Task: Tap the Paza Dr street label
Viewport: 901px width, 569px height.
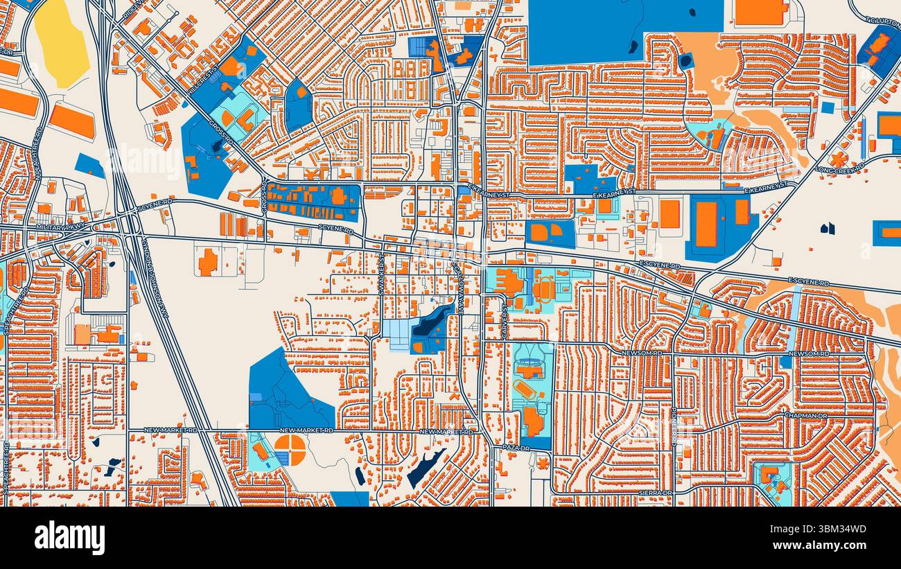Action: tap(516, 448)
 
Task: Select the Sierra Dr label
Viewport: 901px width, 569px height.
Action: tap(655, 493)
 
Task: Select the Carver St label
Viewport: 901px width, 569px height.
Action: tap(505, 321)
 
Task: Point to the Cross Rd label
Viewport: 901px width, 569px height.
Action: tap(264, 197)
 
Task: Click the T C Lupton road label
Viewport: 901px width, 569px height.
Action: tap(882, 21)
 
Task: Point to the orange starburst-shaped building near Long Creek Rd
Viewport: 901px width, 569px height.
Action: tap(839, 159)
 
